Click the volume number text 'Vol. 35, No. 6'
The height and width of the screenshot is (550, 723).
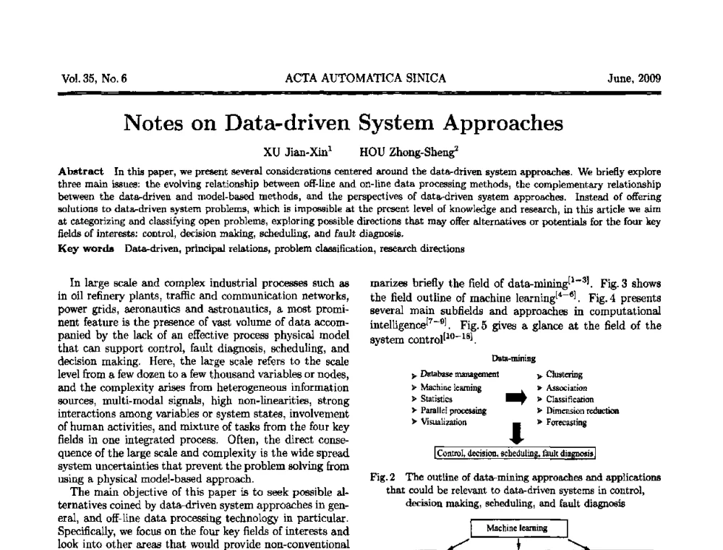[x=95, y=79]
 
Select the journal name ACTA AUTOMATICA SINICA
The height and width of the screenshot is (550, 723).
[x=366, y=79]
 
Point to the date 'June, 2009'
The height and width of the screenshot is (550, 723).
[x=634, y=79]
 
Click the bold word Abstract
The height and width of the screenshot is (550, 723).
[x=81, y=172]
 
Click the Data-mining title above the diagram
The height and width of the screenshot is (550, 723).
[x=513, y=358]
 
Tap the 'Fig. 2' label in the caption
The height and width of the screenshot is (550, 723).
[x=380, y=478]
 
